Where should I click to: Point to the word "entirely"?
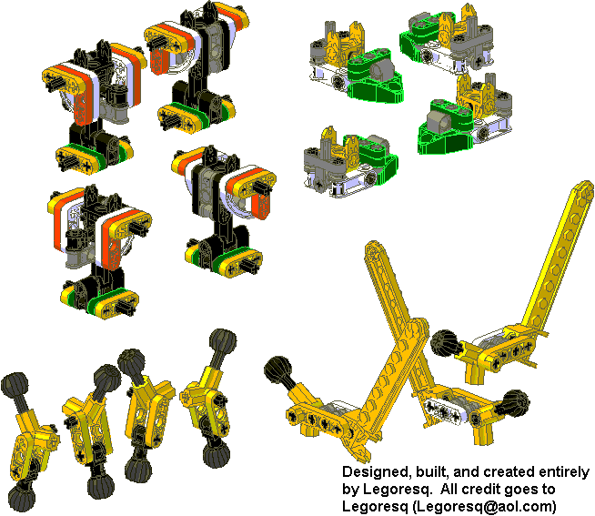(566, 473)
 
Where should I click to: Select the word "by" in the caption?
(350, 491)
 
